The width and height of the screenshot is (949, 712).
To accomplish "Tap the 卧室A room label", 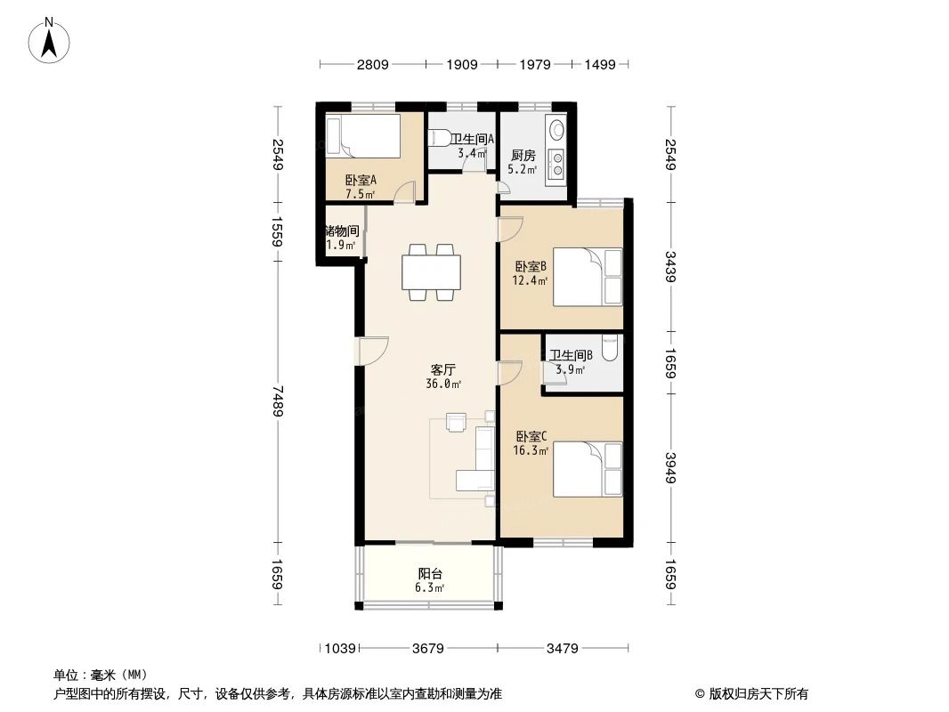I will pyautogui.click(x=360, y=185).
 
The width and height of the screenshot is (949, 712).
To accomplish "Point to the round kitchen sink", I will pyautogui.click(x=557, y=130).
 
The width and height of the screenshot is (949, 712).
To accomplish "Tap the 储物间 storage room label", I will pyautogui.click(x=341, y=237).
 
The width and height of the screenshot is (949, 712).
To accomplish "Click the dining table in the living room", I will pyautogui.click(x=431, y=271).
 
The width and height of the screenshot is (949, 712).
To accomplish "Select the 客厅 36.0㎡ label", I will pyautogui.click(x=444, y=376).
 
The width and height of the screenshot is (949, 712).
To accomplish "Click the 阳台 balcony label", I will pyautogui.click(x=431, y=580).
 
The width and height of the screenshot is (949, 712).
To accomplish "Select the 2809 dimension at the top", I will pyautogui.click(x=372, y=64).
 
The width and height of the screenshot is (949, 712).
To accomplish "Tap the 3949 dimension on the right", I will pyautogui.click(x=671, y=468).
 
